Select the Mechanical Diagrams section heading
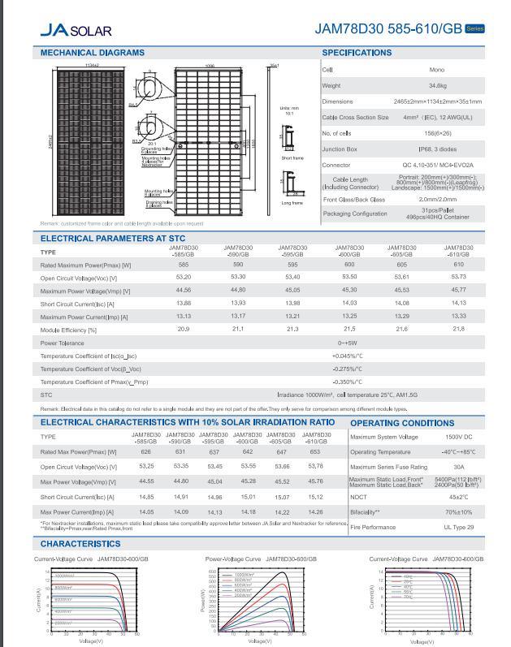click(93, 53)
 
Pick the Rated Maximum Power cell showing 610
click(458, 265)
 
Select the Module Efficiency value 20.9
click(184, 329)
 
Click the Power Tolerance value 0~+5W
click(348, 343)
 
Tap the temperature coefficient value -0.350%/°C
click(348, 382)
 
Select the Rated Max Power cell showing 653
click(315, 452)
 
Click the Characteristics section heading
click(80, 544)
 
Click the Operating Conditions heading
click(402, 423)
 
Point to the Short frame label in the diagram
click(292, 158)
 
